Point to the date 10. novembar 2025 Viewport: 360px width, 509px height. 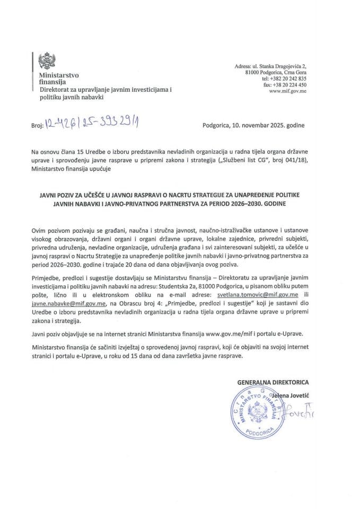pyautogui.click(x=249, y=126)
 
